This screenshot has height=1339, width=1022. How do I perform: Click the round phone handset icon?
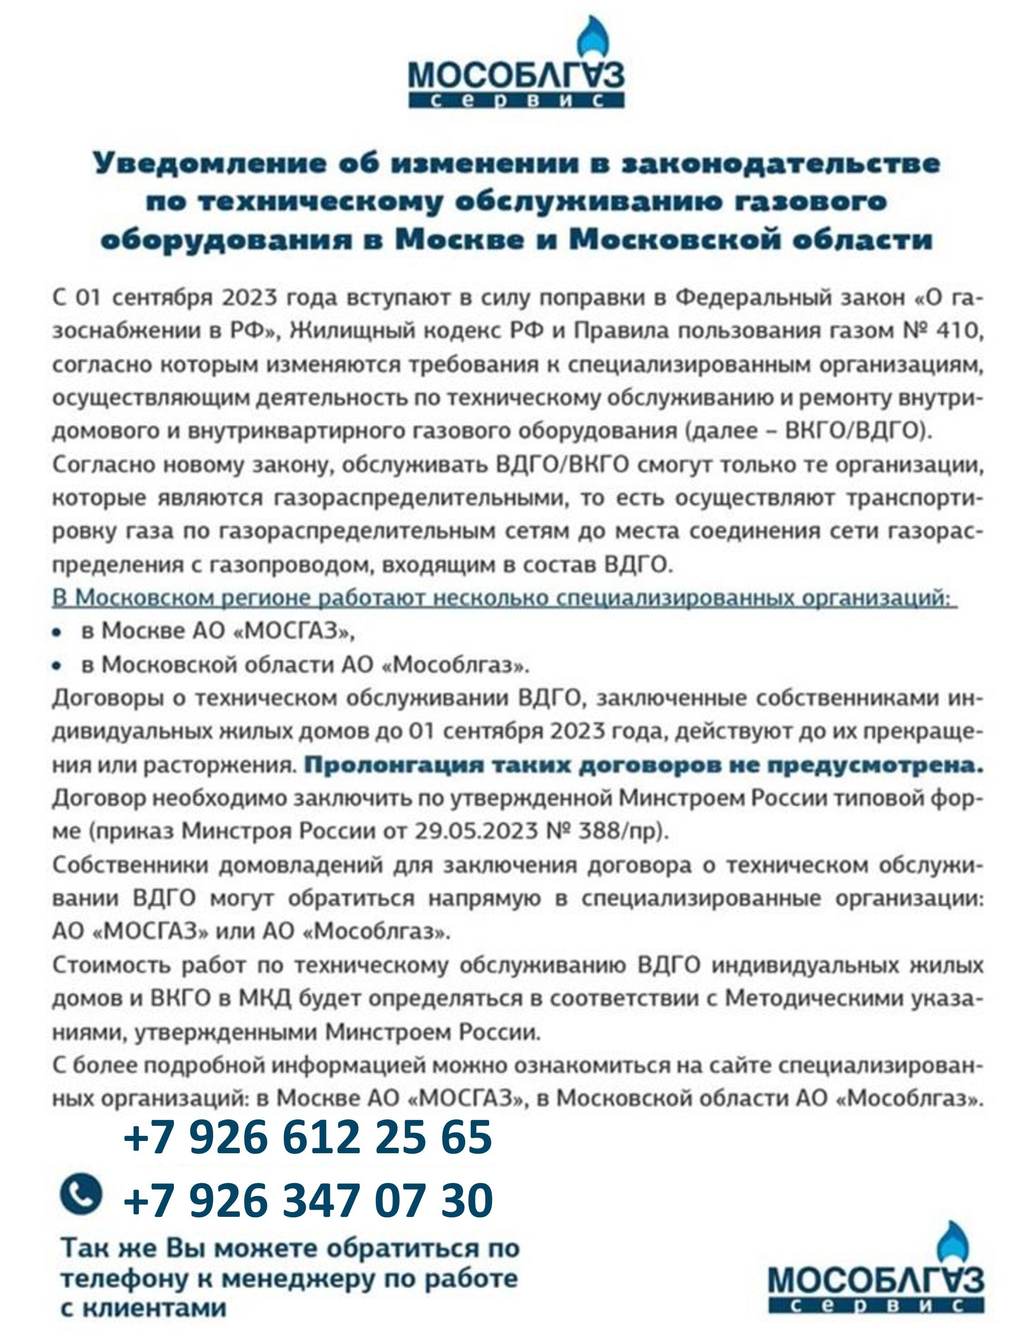[81, 1176]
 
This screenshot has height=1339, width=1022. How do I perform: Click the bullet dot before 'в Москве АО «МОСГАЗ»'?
[57, 633]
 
